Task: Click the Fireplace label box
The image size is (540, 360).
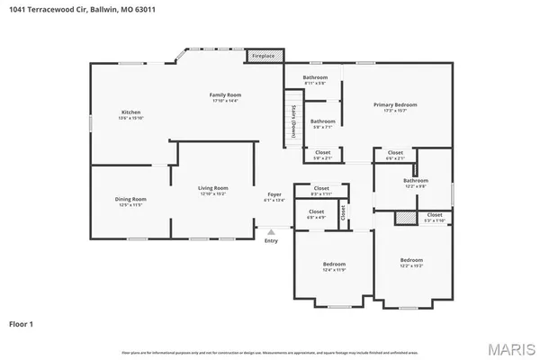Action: tap(264, 56)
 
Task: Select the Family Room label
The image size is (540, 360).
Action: tap(225, 97)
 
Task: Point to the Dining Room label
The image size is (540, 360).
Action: tap(130, 202)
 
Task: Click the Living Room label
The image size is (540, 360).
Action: tap(213, 191)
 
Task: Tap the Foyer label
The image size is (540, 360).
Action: tap(274, 197)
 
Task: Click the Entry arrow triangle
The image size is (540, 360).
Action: tap(271, 231)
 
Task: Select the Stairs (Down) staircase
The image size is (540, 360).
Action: tap(293, 121)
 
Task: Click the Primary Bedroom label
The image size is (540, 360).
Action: tap(395, 107)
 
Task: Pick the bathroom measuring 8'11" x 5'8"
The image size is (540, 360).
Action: tap(315, 80)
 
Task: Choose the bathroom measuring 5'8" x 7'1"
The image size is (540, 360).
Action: tap(322, 124)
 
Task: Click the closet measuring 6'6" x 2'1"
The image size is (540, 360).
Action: tap(395, 155)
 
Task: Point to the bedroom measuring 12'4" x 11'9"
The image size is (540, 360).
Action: tap(334, 267)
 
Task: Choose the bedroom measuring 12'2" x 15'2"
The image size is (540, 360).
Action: tap(410, 264)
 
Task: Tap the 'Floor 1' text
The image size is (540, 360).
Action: tap(22, 322)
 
